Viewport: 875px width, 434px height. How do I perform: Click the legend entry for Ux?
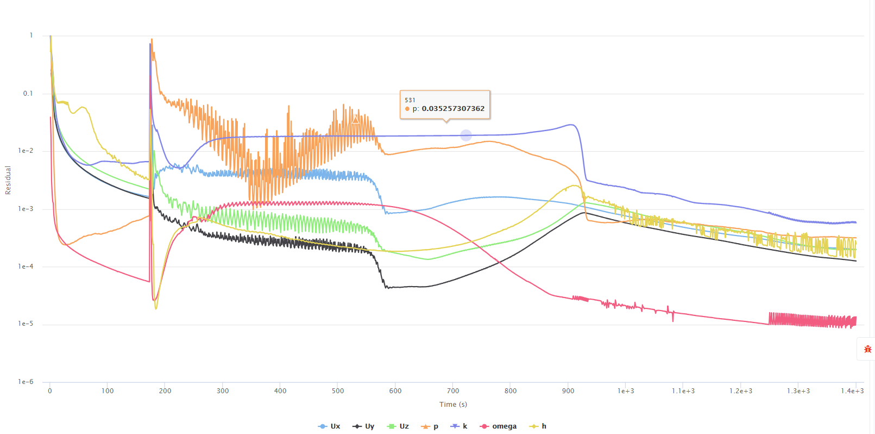coord(330,426)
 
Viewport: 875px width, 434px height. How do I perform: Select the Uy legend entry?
coord(364,426)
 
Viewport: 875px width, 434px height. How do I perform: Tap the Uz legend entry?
coord(398,426)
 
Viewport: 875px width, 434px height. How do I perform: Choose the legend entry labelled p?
coord(430,426)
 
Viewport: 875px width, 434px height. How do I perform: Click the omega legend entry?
coord(499,426)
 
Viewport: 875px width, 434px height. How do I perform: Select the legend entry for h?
coord(538,426)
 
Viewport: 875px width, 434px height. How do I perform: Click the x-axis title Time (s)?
coord(453,405)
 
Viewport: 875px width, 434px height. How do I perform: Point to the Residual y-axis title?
coord(8,180)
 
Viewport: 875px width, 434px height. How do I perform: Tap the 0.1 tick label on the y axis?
coord(28,94)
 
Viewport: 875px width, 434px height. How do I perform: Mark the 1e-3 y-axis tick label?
coord(26,209)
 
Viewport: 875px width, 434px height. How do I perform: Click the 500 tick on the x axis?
coord(338,391)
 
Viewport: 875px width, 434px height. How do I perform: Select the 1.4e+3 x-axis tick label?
coord(852,391)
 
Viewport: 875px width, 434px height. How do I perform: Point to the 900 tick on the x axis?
coord(568,391)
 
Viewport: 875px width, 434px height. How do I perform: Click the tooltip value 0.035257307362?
coord(453,109)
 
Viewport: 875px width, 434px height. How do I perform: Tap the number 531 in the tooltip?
coord(410,100)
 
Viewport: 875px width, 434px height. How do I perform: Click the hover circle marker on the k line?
coord(466,135)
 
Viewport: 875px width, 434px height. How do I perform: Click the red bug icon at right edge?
coord(867,349)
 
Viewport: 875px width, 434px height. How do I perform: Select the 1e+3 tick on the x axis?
coord(626,391)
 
